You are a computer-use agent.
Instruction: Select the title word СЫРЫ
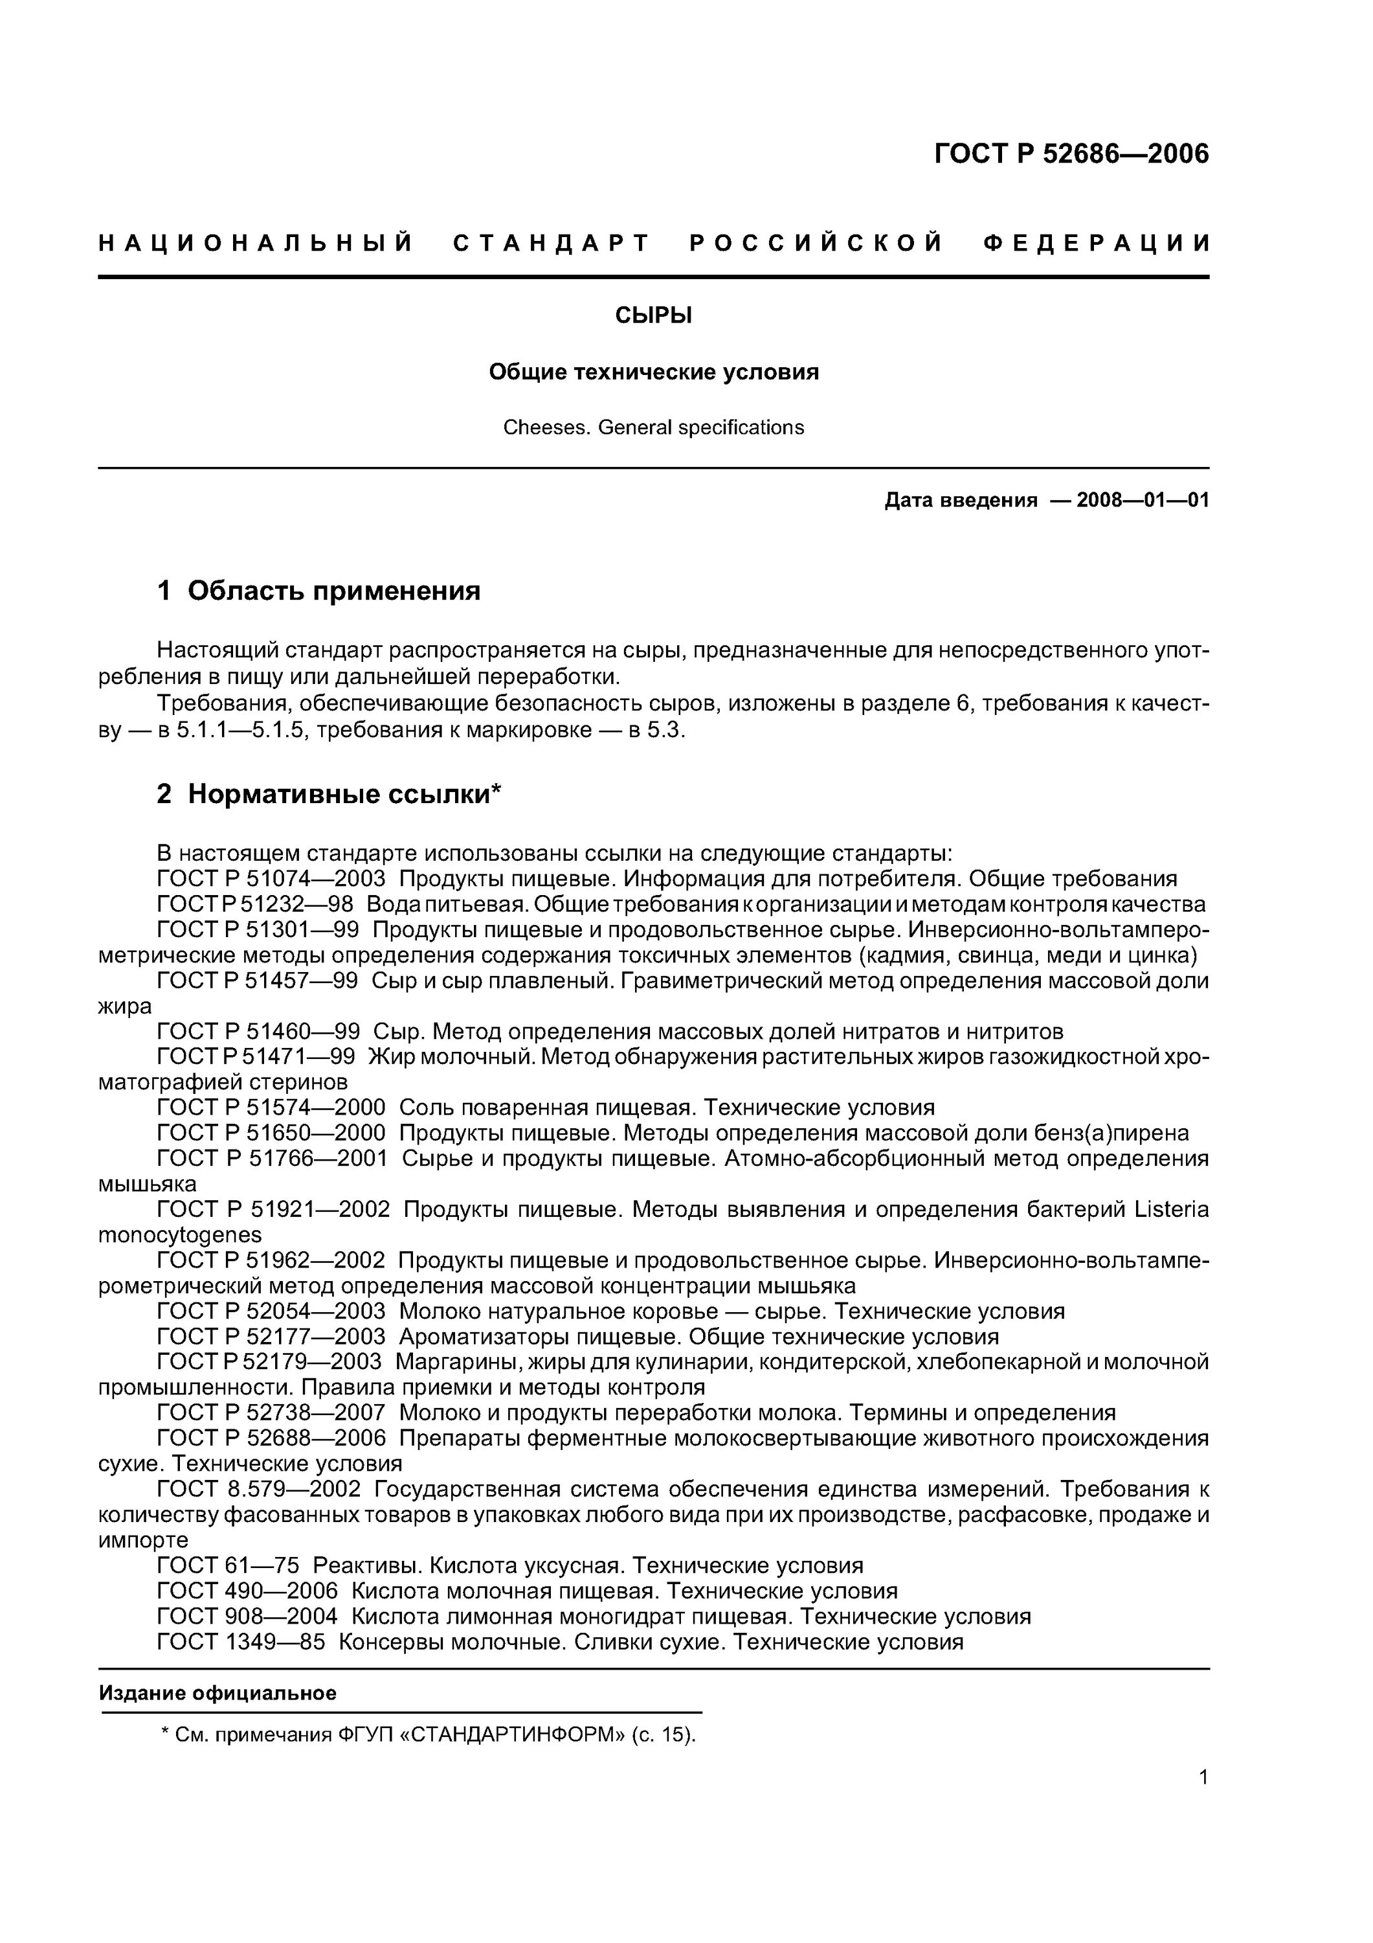[653, 315]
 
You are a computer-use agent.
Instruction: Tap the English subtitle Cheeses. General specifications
[653, 427]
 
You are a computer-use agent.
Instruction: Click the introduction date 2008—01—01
[1142, 500]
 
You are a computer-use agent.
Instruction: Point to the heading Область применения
[333, 591]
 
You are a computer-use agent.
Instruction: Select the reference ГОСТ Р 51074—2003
[271, 878]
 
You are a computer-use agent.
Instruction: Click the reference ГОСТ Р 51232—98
[256, 903]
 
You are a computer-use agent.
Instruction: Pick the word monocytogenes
[180, 1234]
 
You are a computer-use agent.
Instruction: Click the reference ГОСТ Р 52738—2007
[271, 1413]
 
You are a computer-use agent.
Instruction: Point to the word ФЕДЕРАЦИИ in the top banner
[1097, 244]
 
